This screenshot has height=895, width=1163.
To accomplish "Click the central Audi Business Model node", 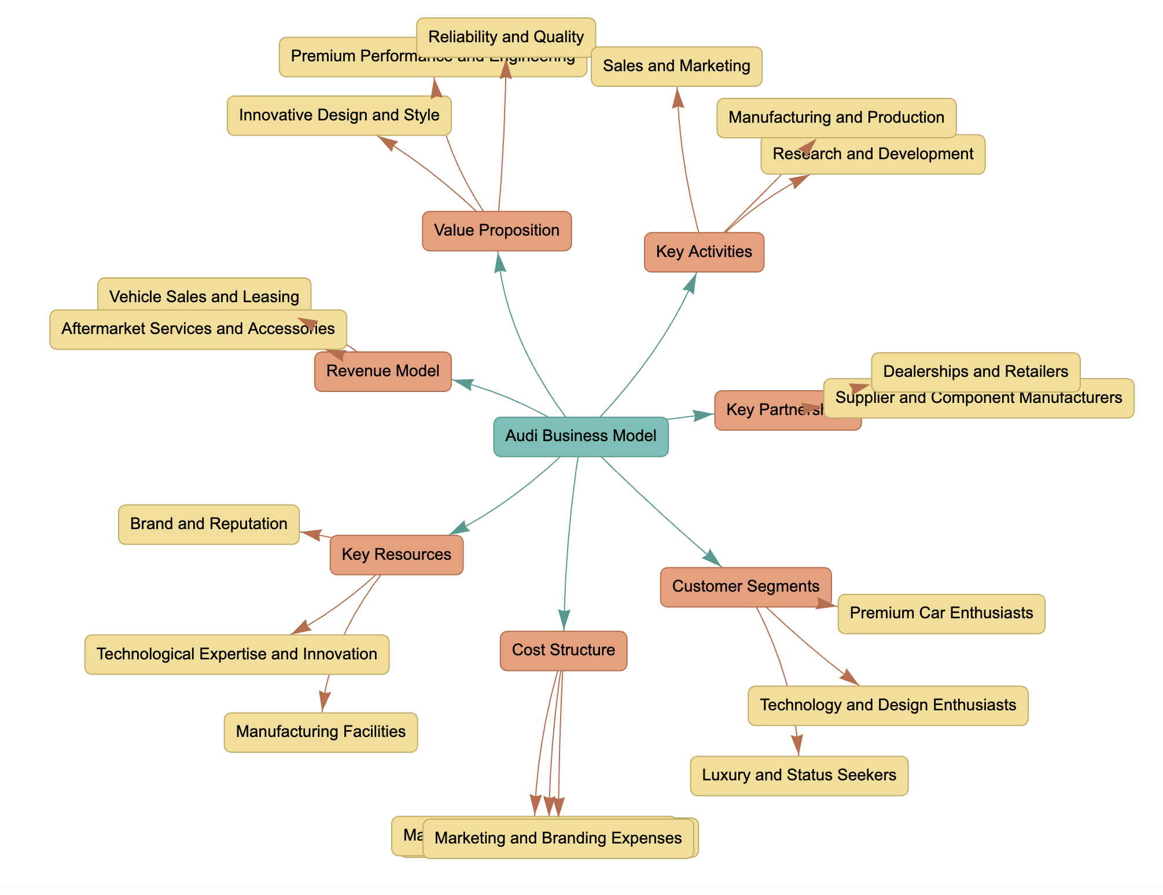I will coord(580,437).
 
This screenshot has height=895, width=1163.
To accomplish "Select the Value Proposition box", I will coord(496,231).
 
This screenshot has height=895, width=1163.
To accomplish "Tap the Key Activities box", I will coord(704,252).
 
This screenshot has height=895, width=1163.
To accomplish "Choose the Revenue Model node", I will coord(382,372).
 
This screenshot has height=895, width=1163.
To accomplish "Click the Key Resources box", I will coord(396,555).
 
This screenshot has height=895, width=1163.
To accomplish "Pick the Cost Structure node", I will coord(563,651).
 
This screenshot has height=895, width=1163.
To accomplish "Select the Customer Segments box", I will coord(745,586).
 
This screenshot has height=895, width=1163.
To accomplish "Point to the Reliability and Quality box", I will coord(506,37).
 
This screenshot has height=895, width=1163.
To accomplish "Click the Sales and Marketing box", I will coord(676,67).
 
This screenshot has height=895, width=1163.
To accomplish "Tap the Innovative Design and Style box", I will coord(338,116).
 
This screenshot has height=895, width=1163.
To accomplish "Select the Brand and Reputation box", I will coord(208,524).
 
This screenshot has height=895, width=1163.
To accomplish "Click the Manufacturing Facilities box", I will coord(321,732).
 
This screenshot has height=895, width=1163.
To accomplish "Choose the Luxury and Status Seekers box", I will coord(798,776).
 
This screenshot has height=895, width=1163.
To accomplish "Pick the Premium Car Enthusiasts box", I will coord(941,614).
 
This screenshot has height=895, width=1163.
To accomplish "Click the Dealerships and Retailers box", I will coord(975,372).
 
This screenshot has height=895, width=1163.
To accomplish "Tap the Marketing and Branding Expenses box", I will coord(558,839).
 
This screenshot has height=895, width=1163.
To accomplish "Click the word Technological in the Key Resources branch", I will coord(137,655).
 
